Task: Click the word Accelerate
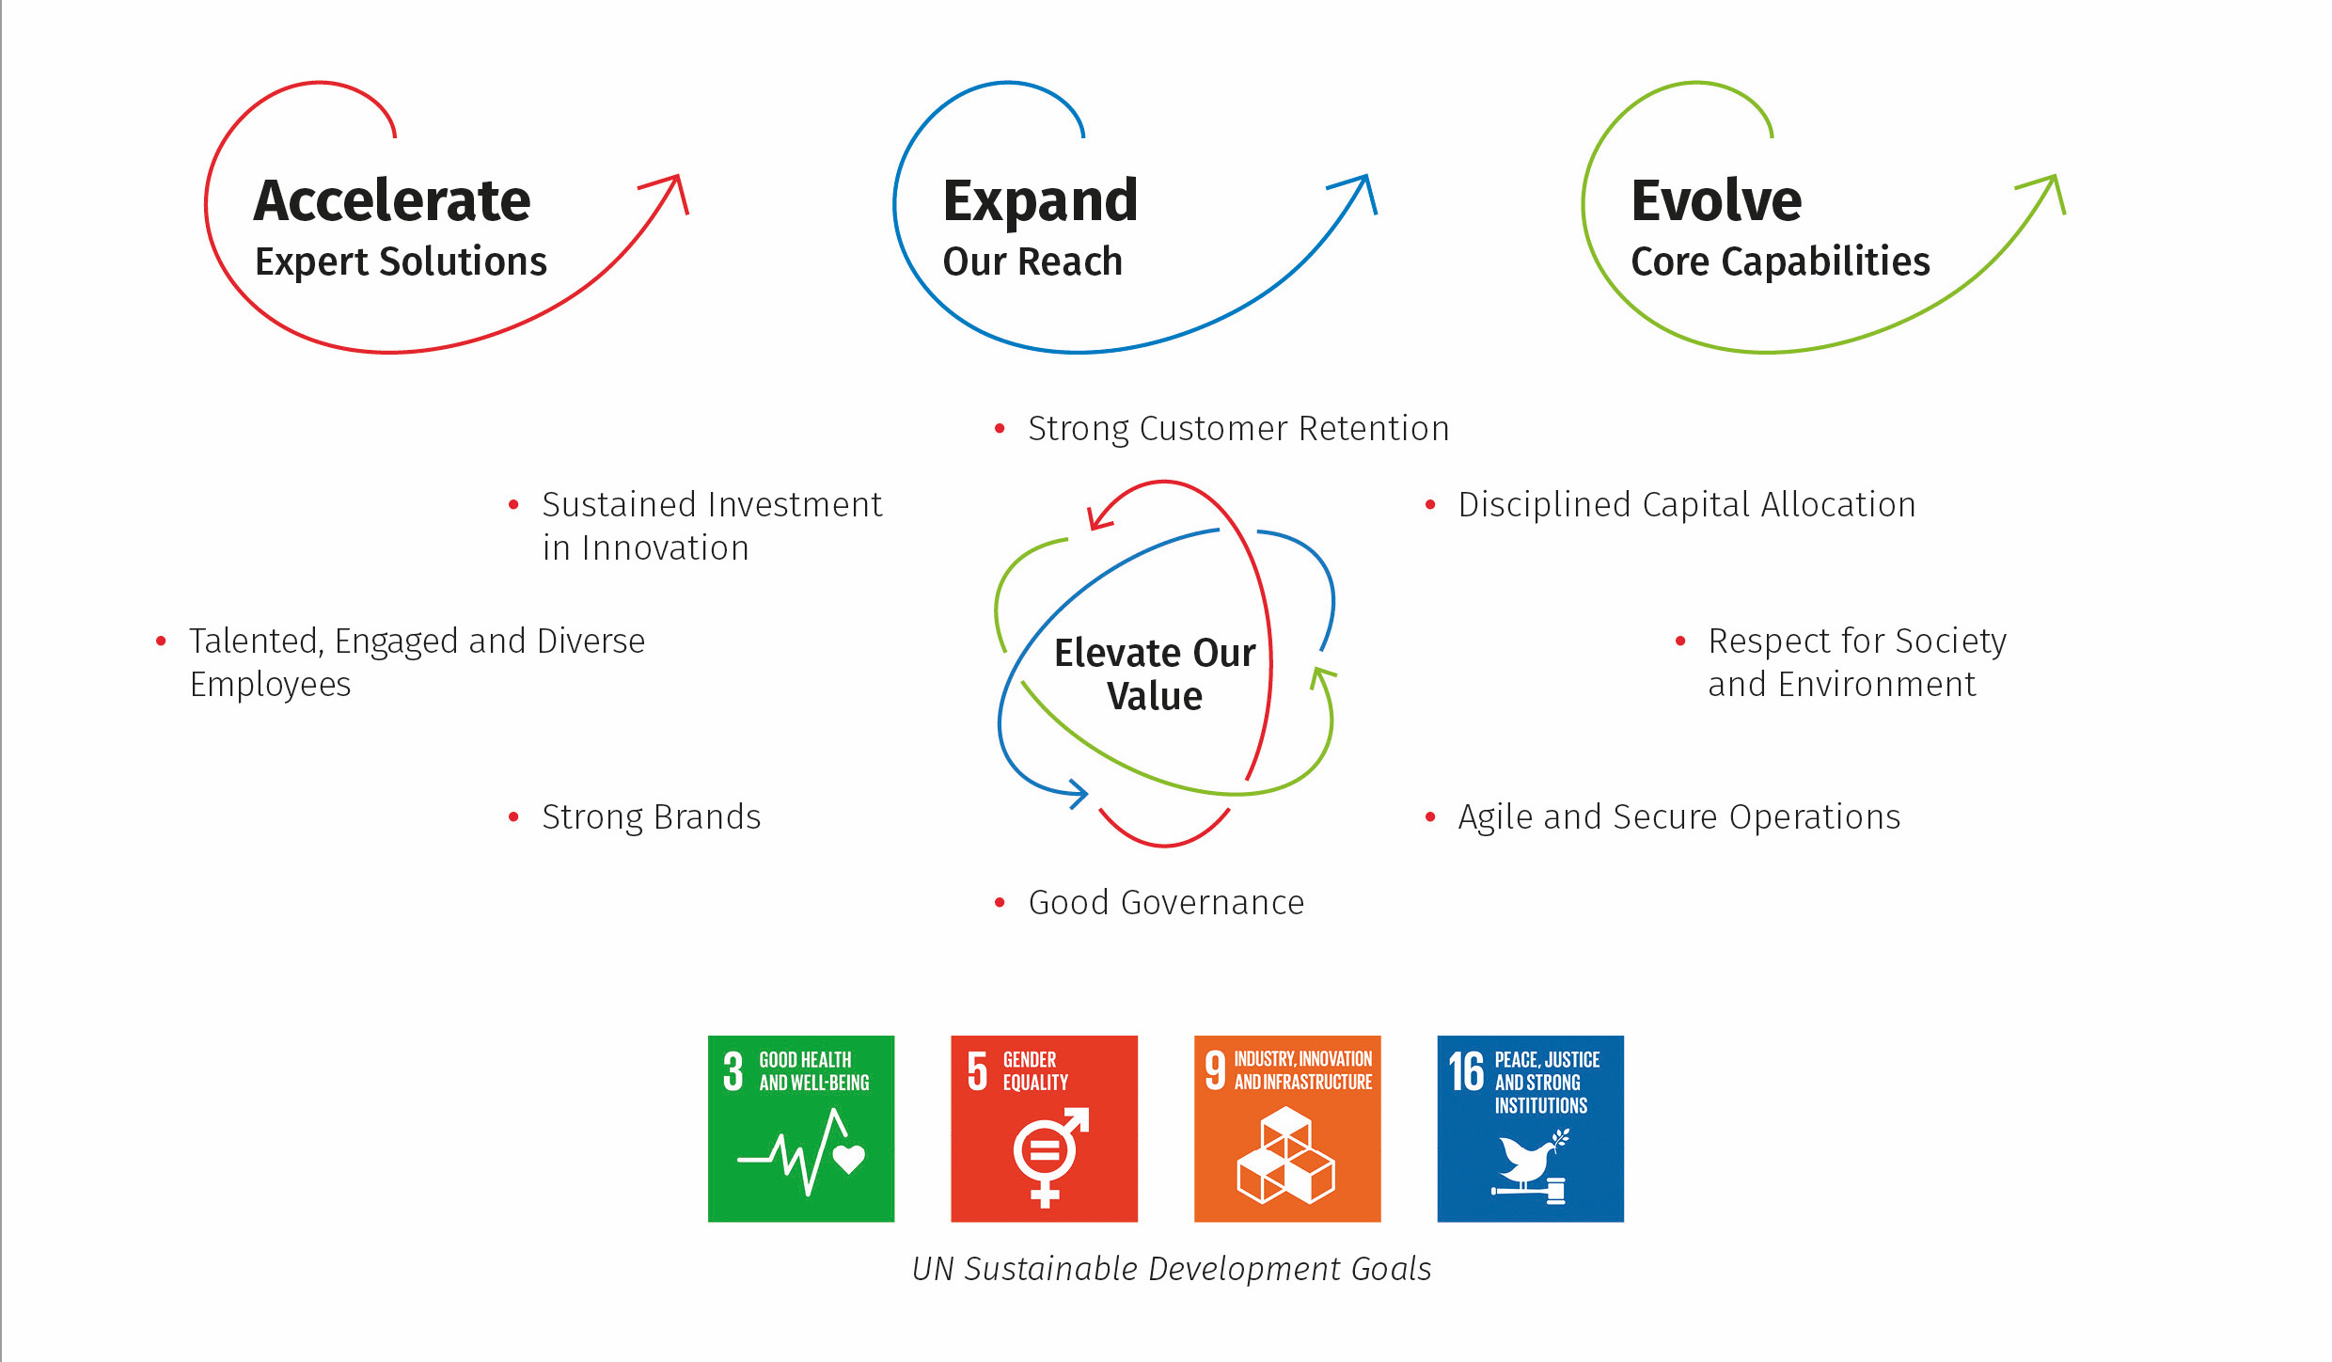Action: (x=392, y=200)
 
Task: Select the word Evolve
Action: (x=1716, y=200)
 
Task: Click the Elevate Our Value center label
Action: (x=1155, y=674)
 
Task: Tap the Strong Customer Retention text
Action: (x=1238, y=429)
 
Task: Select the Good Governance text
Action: (x=1166, y=903)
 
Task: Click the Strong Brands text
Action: (x=652, y=817)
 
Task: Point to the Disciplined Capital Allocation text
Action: (x=1687, y=505)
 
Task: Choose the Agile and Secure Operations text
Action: (x=1679, y=817)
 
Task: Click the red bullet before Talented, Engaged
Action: (x=161, y=641)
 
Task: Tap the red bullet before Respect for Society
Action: (x=1680, y=641)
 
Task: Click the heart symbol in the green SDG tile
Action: (x=849, y=1159)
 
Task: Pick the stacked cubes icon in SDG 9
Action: (x=1286, y=1156)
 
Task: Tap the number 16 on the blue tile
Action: (x=1466, y=1072)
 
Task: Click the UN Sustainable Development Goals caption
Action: (x=1172, y=1270)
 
